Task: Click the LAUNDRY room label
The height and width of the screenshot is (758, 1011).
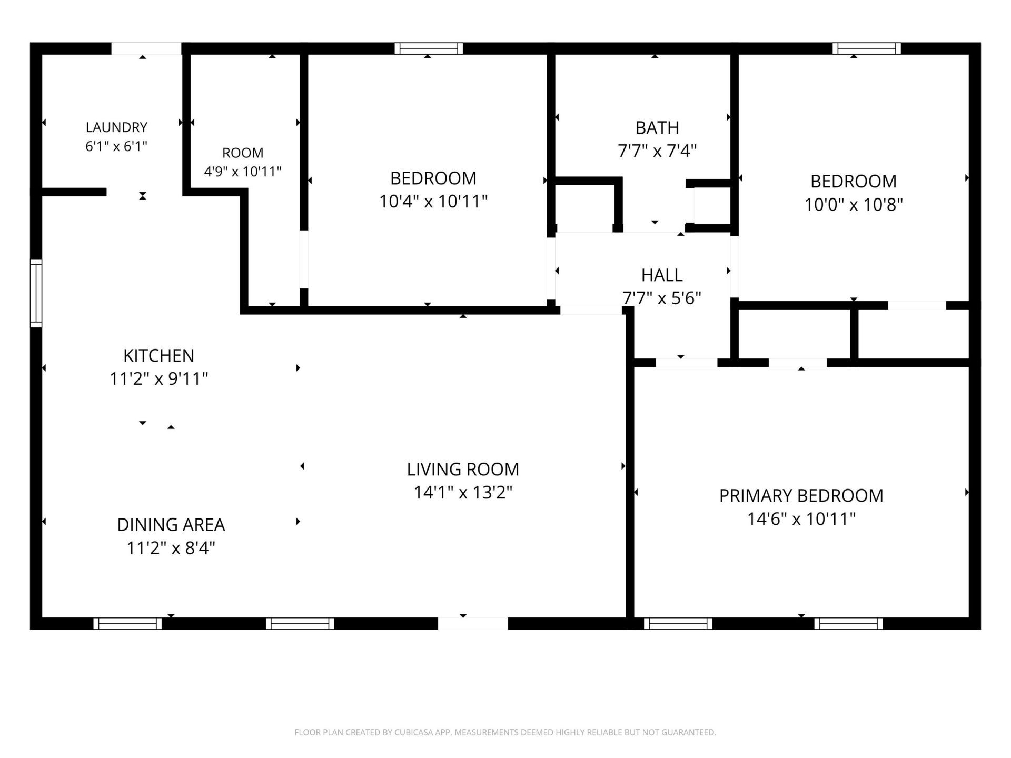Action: [116, 127]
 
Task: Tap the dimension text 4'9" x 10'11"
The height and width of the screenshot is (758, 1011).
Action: [243, 172]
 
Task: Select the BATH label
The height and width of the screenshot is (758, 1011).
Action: [657, 128]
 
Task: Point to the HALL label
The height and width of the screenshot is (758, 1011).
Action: [662, 275]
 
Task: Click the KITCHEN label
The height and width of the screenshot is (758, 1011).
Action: [158, 356]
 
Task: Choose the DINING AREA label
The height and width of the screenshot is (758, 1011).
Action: [171, 525]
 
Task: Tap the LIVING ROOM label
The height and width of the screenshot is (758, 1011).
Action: [463, 470]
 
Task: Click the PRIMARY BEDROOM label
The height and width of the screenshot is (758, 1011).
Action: [801, 496]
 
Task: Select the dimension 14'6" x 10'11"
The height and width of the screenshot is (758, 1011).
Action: [801, 519]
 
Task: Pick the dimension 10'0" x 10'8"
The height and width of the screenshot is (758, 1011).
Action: [854, 204]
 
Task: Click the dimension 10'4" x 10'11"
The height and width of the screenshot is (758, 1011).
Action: [433, 201]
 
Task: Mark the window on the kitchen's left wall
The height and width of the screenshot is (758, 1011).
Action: [36, 293]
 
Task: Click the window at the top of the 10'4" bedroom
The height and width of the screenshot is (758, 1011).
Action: [429, 48]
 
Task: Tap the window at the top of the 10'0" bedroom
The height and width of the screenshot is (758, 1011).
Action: [867, 48]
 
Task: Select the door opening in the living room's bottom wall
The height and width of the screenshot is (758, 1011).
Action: [473, 624]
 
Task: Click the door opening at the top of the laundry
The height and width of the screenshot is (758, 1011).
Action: [146, 48]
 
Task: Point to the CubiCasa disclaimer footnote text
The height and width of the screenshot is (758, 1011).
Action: [505, 732]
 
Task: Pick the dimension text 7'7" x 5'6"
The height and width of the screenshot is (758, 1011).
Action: [662, 298]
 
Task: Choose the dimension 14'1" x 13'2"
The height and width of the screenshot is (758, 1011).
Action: [463, 493]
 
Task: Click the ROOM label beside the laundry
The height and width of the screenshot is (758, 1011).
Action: [243, 153]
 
